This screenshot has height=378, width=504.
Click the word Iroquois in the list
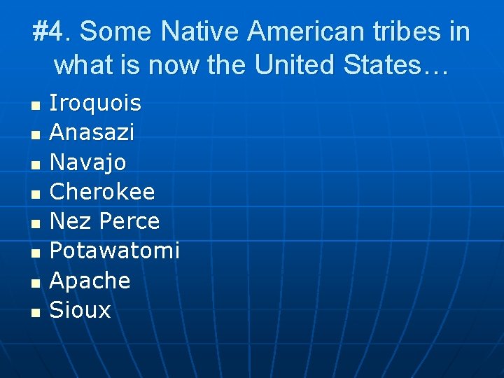pos(95,104)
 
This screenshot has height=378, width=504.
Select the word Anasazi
pos(92,133)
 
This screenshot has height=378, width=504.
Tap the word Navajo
pos(88,162)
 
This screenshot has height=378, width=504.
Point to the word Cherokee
pos(102,192)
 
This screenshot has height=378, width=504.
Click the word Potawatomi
pos(115,251)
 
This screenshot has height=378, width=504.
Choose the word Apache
pos(90,281)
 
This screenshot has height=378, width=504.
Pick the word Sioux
pos(80,310)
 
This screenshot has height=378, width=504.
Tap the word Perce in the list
pos(129,221)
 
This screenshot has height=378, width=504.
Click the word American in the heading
pos(305,32)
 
